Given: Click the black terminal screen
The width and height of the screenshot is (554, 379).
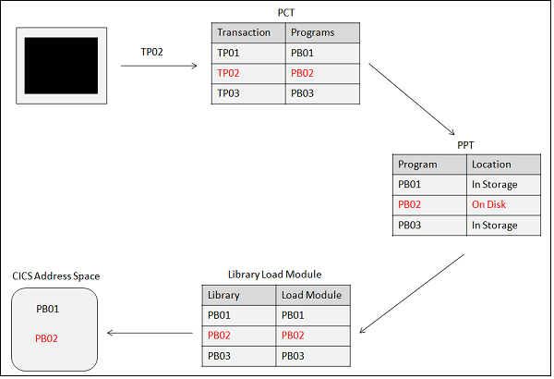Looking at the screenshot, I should [x=64, y=66].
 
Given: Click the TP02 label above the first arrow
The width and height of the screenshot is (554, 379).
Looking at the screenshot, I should [x=152, y=52].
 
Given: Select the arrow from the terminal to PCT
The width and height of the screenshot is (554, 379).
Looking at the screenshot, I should [x=159, y=67].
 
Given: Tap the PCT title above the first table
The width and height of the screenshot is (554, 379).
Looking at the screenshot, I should [x=287, y=11].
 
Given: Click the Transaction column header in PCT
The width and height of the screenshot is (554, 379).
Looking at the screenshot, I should [x=244, y=32].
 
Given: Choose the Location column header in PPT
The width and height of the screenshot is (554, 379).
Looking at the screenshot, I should [x=491, y=165].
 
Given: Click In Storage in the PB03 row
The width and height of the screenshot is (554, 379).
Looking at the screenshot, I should [x=495, y=226].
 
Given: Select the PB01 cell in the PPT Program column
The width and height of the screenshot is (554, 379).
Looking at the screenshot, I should [x=412, y=185].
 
